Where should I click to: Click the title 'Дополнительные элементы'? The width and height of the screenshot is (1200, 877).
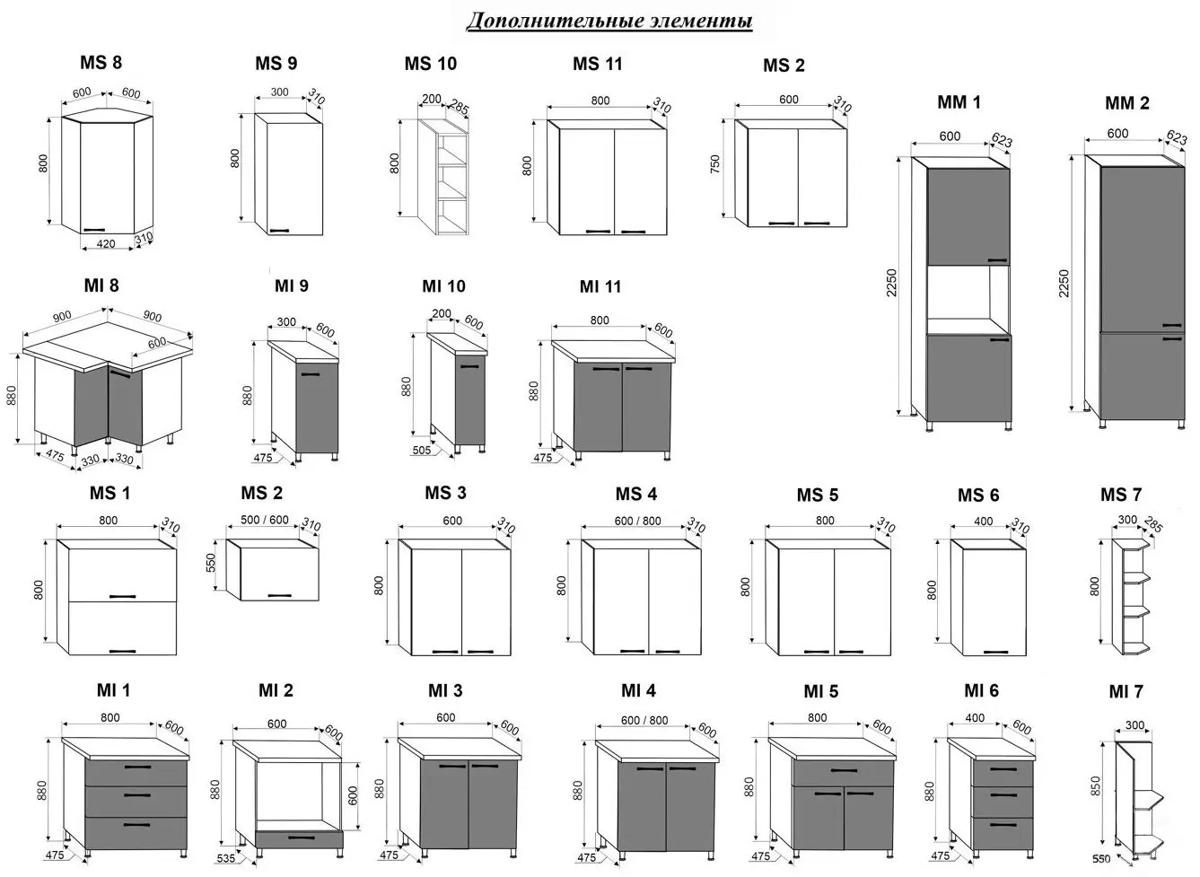[609, 21]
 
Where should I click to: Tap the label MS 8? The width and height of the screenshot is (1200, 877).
[101, 63]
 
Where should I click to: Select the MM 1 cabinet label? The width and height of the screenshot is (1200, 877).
[959, 102]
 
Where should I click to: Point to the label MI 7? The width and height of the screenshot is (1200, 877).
[1126, 691]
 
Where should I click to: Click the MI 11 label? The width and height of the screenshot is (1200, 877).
[600, 287]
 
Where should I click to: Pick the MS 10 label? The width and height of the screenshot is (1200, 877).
[430, 64]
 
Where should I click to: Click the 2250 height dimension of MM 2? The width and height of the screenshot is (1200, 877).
[1065, 285]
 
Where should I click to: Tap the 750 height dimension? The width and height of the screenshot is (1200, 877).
[715, 165]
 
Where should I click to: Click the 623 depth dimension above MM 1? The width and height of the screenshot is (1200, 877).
[1001, 141]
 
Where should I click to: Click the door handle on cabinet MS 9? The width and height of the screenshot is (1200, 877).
[280, 231]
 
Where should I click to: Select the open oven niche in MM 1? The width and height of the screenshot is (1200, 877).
[968, 300]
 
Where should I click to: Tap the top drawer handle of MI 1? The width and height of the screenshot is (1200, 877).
[136, 767]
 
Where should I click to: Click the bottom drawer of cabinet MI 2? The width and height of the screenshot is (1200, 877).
[300, 838]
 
